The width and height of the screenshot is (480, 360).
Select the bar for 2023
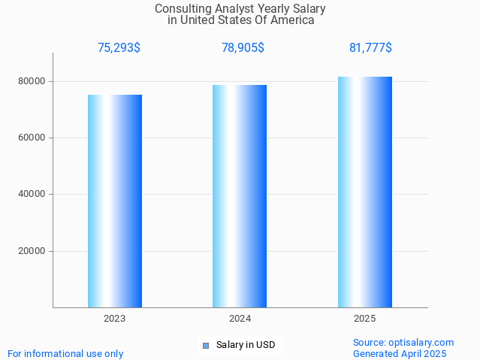[x=115, y=201]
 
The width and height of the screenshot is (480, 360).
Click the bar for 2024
[x=240, y=196]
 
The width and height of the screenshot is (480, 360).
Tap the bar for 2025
[x=365, y=192]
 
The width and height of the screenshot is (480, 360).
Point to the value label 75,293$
[x=119, y=48]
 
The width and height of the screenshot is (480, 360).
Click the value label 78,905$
[x=243, y=48]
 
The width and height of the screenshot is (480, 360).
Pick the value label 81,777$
[x=370, y=48]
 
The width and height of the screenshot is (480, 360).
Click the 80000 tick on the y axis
[x=32, y=81]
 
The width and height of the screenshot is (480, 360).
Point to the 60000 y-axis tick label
[x=32, y=138]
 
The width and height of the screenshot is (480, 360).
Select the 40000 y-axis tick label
[x=32, y=195]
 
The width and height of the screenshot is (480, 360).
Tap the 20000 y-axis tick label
[x=32, y=251]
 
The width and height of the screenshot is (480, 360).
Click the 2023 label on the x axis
[x=115, y=319]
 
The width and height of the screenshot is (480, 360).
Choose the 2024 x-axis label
[x=240, y=319]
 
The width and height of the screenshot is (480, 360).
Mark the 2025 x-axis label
[x=365, y=319]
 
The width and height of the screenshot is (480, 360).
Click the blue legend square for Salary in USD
[x=206, y=346]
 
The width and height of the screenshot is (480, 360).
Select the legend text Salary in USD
[x=246, y=346]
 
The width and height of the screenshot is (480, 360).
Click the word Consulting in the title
[x=180, y=9]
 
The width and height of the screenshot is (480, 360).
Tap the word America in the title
[x=291, y=20]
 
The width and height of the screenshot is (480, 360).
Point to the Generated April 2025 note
[x=400, y=354]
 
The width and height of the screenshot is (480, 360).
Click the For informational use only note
[x=65, y=354]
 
